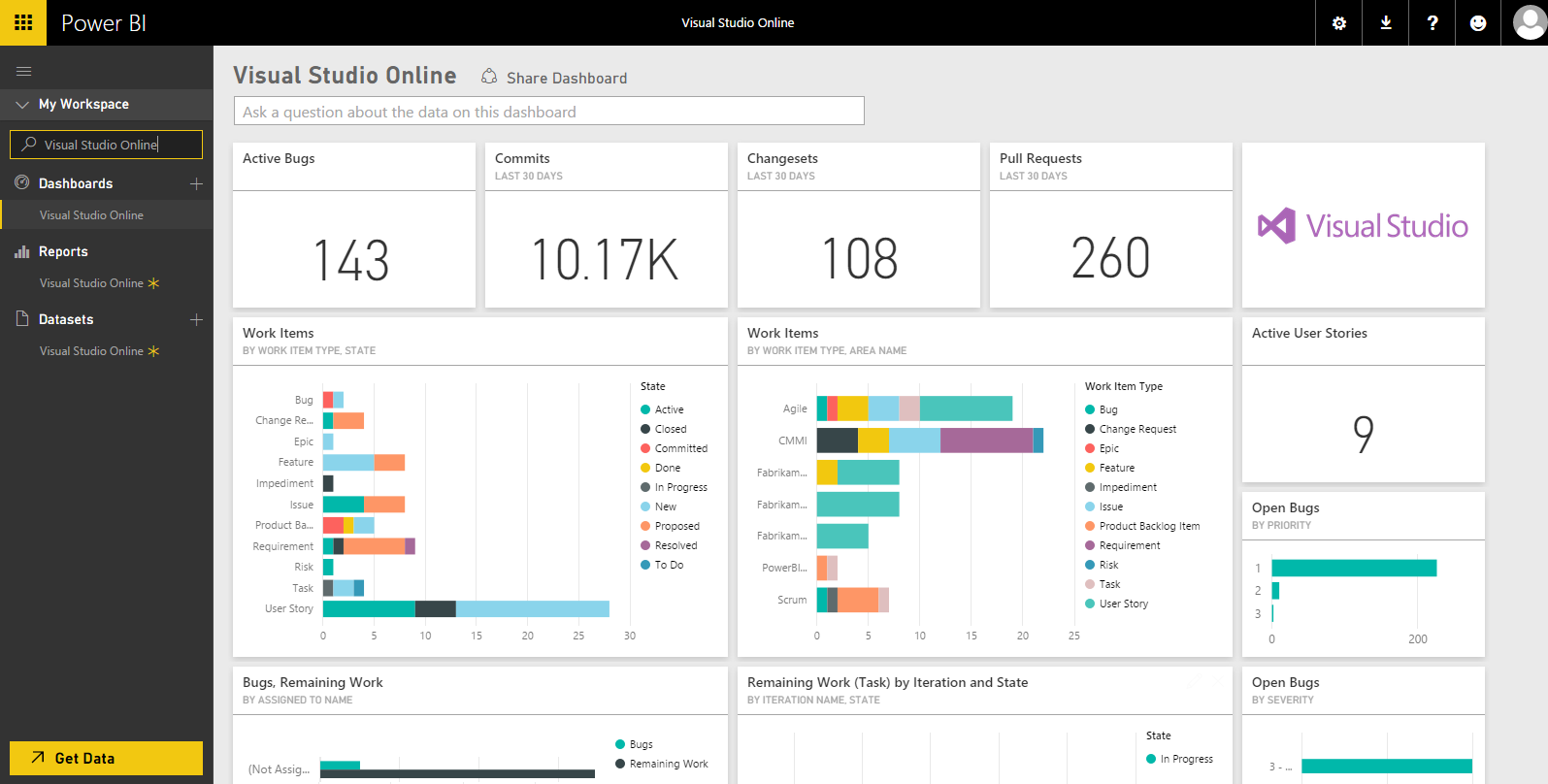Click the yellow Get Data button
[106, 758]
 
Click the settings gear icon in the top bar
[1338, 22]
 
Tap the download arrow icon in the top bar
[1386, 22]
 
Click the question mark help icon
[1432, 22]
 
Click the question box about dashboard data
[548, 112]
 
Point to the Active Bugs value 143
[351, 260]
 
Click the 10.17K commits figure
[606, 260]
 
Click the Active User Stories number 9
[1363, 434]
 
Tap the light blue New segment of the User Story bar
[532, 608]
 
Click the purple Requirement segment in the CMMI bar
[986, 440]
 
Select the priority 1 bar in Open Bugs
[1354, 568]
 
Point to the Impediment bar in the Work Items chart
[328, 483]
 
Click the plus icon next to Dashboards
[196, 183]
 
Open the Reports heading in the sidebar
[63, 251]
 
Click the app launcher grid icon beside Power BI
[22, 22]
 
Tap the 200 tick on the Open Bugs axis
[1417, 639]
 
